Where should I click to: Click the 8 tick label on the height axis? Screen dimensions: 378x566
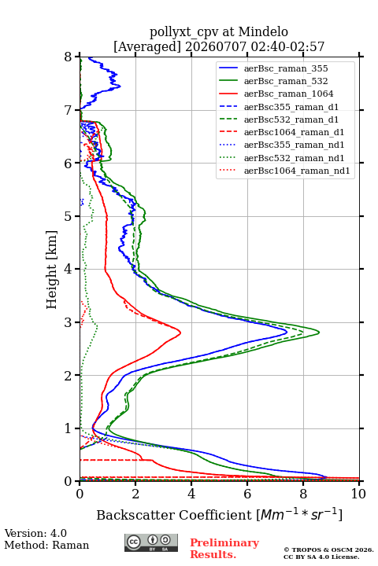tap(69, 57)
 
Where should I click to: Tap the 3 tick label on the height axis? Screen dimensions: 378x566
tap(69, 322)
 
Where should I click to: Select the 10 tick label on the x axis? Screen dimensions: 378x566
tap(358, 494)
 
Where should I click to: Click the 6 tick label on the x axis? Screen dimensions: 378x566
tap(247, 494)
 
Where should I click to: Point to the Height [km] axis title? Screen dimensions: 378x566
tap(52, 270)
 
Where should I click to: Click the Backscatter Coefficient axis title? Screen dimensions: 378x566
tap(219, 514)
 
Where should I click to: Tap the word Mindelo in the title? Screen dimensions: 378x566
tap(263, 31)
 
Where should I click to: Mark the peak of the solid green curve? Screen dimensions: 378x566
tap(319, 332)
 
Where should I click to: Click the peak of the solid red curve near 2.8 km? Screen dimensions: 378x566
tap(180, 332)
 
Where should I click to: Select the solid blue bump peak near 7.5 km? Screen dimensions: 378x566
tap(120, 86)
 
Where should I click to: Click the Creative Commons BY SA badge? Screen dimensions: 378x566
tap(151, 542)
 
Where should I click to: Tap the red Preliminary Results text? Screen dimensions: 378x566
tap(224, 548)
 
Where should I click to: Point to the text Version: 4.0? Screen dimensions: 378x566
tap(35, 533)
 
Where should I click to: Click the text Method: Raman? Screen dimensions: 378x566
tap(46, 545)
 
